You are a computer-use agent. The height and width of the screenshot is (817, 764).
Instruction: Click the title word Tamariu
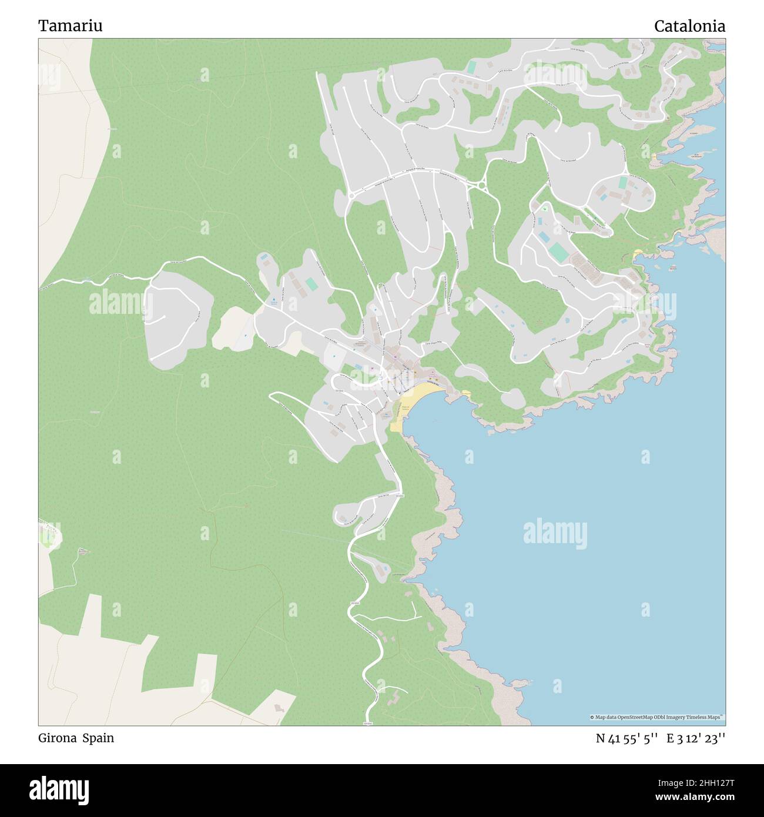point(70,26)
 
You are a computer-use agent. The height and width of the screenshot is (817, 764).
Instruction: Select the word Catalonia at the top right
point(689,26)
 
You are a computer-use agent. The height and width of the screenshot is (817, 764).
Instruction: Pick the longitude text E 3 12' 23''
point(695,738)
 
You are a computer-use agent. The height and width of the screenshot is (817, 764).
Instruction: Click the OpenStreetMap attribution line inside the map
point(656,717)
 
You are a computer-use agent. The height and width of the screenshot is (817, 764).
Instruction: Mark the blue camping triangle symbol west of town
point(273,300)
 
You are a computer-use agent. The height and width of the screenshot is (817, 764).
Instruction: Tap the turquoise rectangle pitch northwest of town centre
point(311,284)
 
